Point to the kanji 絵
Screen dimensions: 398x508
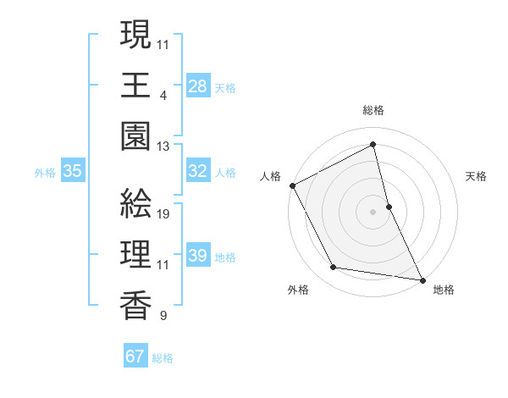[x=135, y=203]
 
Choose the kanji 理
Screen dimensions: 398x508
[x=135, y=254]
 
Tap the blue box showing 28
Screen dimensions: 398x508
[x=198, y=86]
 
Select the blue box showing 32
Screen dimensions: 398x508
[x=198, y=171]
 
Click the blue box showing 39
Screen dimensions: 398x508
[x=198, y=256]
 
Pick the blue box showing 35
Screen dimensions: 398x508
[x=73, y=171]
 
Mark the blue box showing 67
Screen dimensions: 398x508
[x=135, y=357]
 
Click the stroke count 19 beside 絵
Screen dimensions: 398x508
[x=164, y=214]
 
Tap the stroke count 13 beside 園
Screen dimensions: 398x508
[x=164, y=146]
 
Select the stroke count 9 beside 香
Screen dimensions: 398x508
[x=163, y=317]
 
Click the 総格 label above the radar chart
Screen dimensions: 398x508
[x=373, y=110]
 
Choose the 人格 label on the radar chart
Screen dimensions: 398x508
[x=271, y=176]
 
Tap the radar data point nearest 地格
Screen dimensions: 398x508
[x=422, y=278]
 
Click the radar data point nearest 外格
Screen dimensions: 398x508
[x=334, y=268]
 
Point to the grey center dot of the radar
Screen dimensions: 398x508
[x=373, y=211]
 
